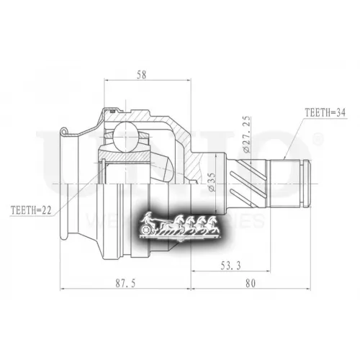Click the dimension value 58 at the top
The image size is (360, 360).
(140, 75)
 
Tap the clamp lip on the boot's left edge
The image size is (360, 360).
(65, 131)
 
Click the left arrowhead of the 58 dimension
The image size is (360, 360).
(108, 82)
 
